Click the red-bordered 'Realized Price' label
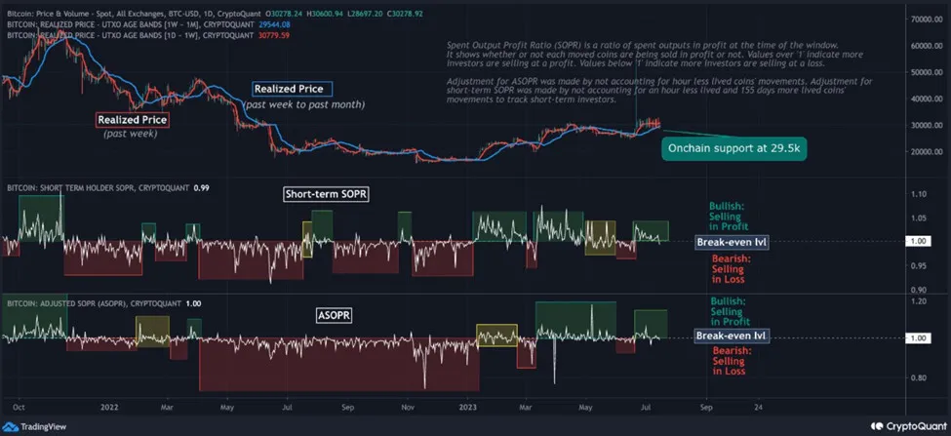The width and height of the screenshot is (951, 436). coord(133,120)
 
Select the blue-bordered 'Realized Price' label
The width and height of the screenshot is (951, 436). coord(292,89)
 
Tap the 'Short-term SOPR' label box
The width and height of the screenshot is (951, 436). coord(326,194)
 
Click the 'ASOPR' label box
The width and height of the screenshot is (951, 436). coord(334,316)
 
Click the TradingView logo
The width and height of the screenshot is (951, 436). coord(32,426)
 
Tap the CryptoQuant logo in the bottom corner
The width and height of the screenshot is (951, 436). coord(903,425)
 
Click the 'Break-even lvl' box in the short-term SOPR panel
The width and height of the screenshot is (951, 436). coord(732,242)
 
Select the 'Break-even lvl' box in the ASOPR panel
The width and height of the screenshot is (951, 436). coord(732,337)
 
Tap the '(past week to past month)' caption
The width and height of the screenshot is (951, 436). coord(304,104)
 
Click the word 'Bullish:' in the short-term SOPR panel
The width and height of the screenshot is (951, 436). coord(726,207)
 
